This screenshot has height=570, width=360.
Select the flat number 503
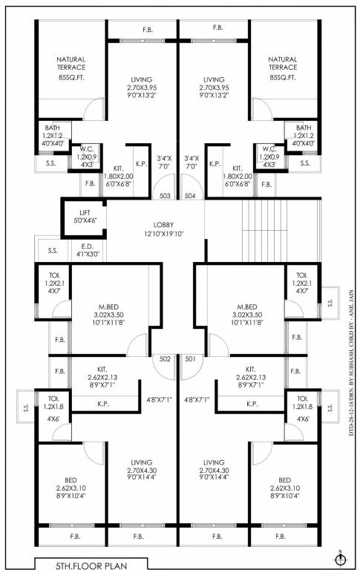coord(166,196)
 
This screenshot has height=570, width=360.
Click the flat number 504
coord(190,196)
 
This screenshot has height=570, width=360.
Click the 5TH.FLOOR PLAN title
coord(92,564)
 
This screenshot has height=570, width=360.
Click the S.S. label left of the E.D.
coord(53,250)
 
